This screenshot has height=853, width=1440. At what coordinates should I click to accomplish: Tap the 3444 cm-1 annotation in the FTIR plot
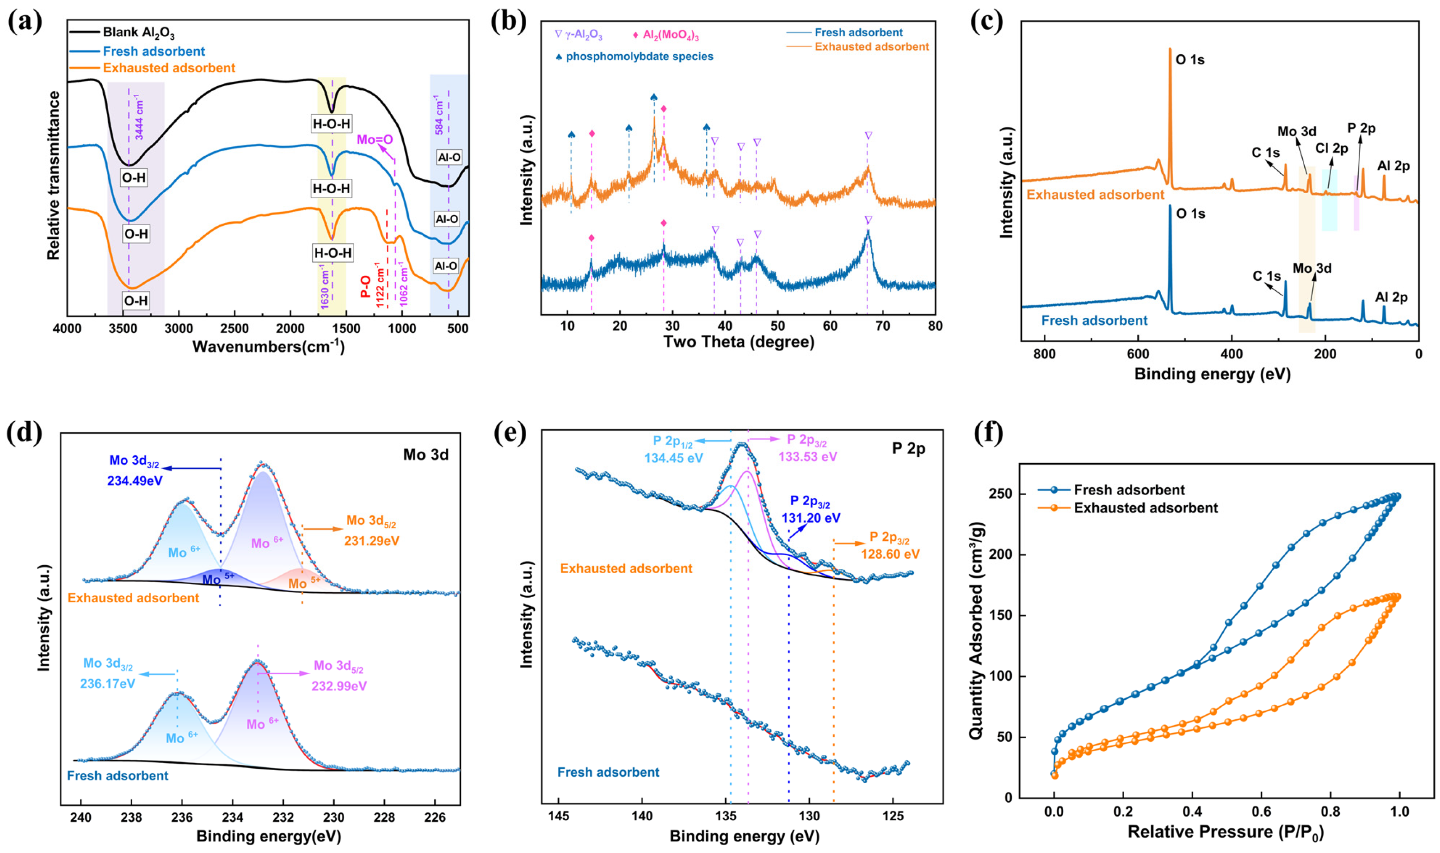tap(139, 118)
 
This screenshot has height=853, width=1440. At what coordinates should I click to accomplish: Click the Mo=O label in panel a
tap(374, 140)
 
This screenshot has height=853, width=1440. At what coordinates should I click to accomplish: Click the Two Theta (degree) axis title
tap(739, 342)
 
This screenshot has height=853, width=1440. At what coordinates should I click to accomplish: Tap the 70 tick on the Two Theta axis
tap(883, 326)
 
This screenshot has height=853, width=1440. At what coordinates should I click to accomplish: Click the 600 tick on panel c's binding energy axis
tap(1138, 354)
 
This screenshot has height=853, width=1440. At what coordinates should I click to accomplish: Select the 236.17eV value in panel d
tap(108, 684)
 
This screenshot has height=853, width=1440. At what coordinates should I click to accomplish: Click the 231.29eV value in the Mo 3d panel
tap(372, 541)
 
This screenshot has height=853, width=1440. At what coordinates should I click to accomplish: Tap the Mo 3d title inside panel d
tap(426, 455)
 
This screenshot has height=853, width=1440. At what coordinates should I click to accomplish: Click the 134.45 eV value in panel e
tap(673, 458)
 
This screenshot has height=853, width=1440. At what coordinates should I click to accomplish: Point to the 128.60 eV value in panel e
tap(890, 554)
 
